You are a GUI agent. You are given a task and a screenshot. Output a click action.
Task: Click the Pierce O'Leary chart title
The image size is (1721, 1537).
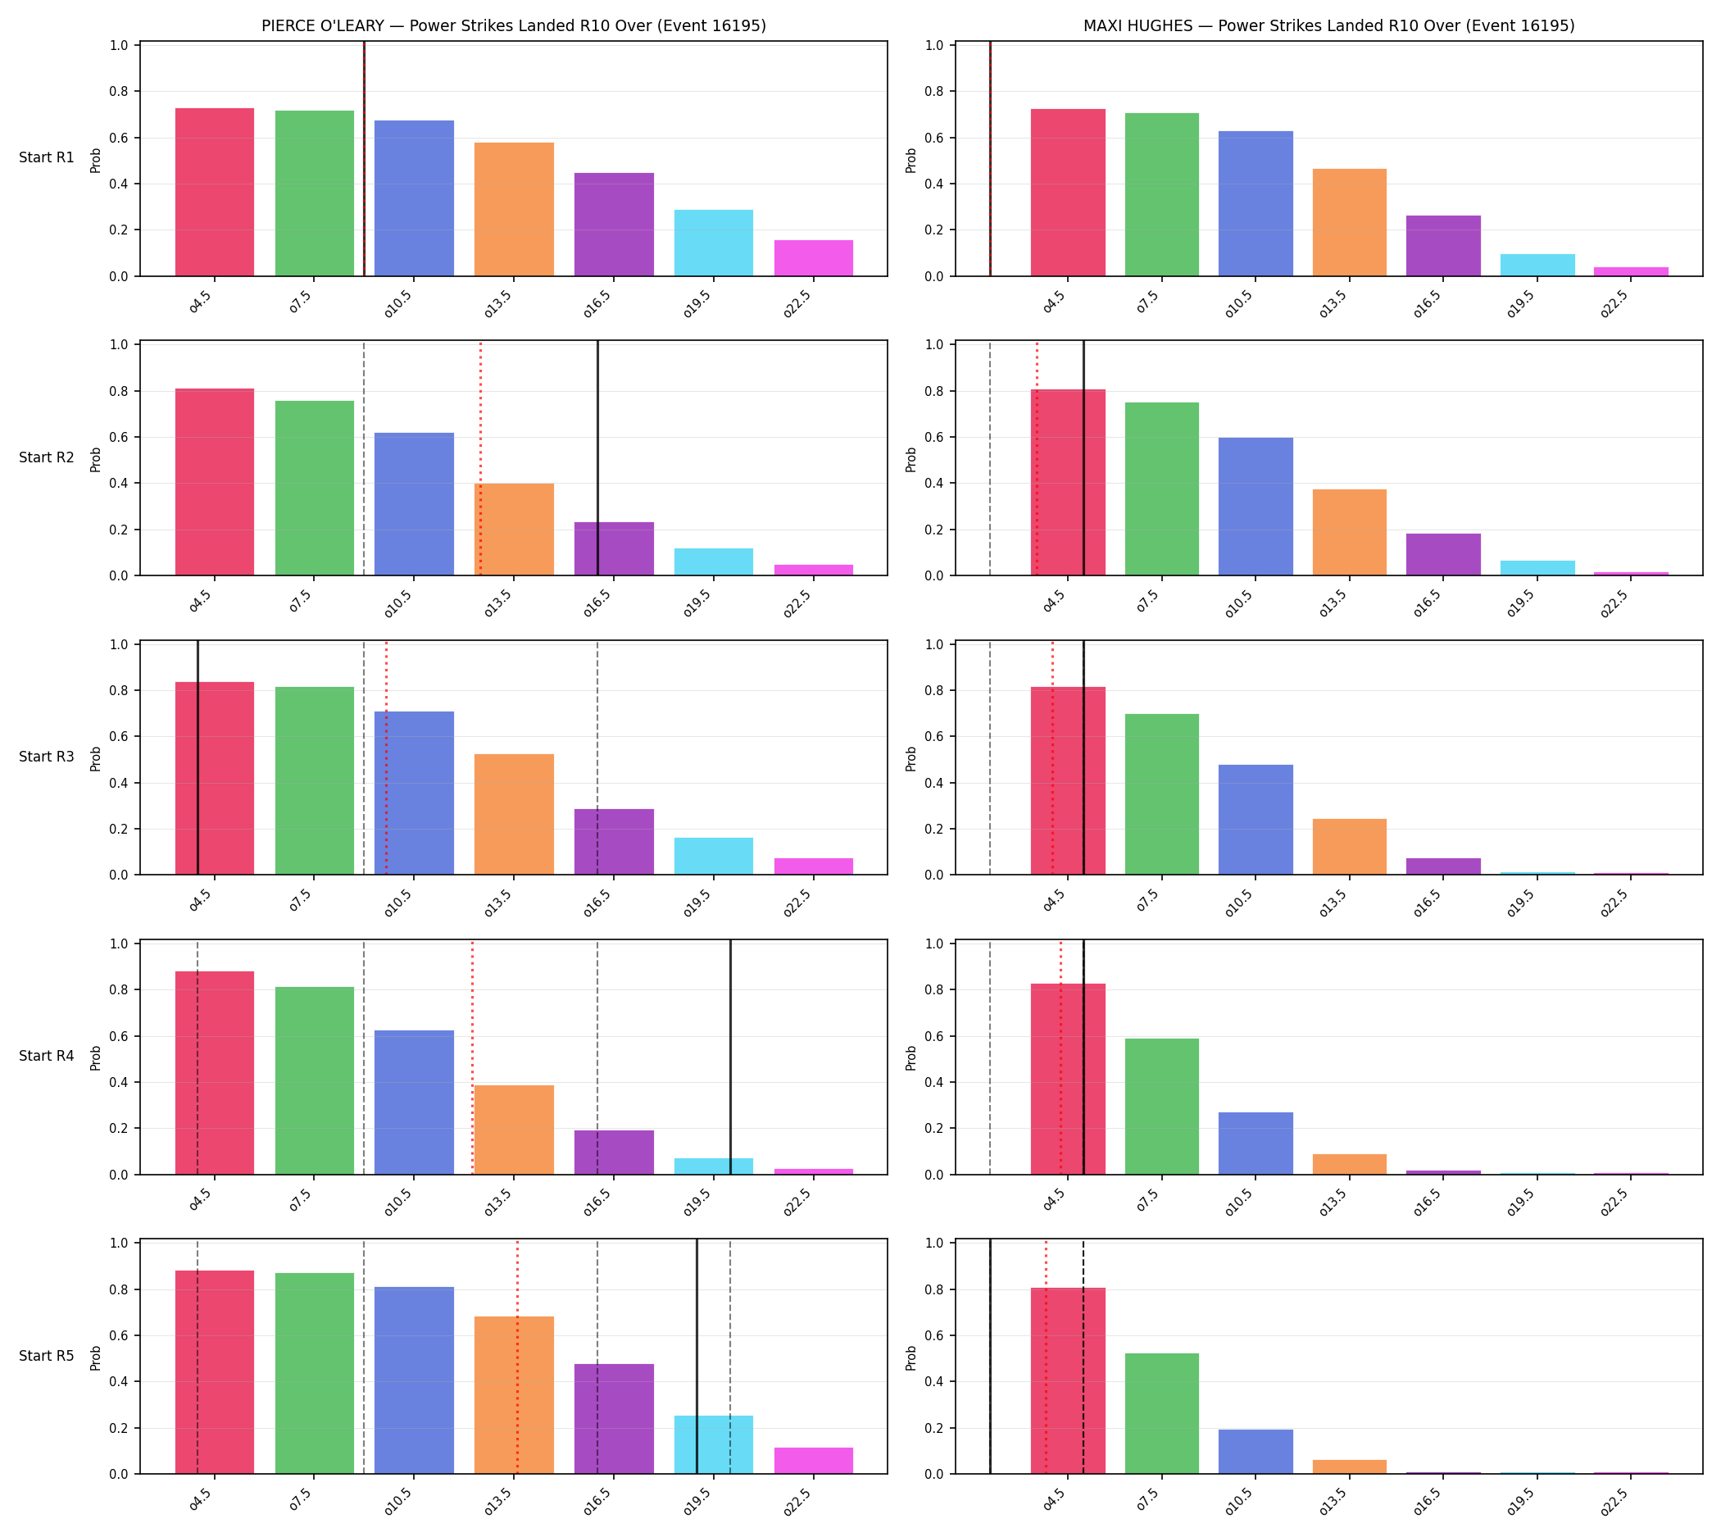pyautogui.click(x=513, y=25)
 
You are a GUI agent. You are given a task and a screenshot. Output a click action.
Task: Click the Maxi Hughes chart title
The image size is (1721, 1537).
pyautogui.click(x=1328, y=25)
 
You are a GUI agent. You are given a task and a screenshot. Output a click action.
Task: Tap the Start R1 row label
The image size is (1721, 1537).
pyautogui.click(x=47, y=158)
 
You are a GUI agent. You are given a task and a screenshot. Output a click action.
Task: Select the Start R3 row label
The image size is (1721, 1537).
pyautogui.click(x=47, y=757)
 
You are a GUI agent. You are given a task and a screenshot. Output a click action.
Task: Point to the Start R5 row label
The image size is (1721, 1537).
pyautogui.click(x=47, y=1356)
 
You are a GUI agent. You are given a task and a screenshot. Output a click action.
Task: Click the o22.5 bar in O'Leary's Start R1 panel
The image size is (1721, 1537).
pyautogui.click(x=813, y=258)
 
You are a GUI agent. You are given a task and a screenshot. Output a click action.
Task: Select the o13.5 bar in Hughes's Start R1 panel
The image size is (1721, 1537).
pyautogui.click(x=1350, y=223)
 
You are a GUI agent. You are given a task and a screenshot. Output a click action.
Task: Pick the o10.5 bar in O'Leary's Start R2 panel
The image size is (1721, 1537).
pyautogui.click(x=414, y=504)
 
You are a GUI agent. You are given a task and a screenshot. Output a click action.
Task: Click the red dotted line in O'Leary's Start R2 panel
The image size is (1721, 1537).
pyautogui.click(x=480, y=458)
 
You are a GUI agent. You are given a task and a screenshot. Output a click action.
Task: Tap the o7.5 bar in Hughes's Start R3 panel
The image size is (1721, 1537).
pyautogui.click(x=1162, y=794)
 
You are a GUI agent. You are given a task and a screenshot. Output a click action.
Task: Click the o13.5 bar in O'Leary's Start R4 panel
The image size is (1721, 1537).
pyautogui.click(x=513, y=1130)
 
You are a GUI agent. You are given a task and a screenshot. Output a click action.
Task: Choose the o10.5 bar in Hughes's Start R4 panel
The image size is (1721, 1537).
pyautogui.click(x=1256, y=1144)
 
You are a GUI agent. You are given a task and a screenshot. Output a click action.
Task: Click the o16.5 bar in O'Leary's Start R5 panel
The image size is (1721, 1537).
pyautogui.click(x=614, y=1419)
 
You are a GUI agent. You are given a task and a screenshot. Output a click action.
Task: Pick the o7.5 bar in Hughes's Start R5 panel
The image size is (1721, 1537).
pyautogui.click(x=1162, y=1414)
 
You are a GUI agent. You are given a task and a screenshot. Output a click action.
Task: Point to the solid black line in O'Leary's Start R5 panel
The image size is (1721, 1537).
pyautogui.click(x=697, y=1357)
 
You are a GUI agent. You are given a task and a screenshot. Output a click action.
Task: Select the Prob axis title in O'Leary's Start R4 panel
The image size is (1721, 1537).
pyautogui.click(x=95, y=1058)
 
